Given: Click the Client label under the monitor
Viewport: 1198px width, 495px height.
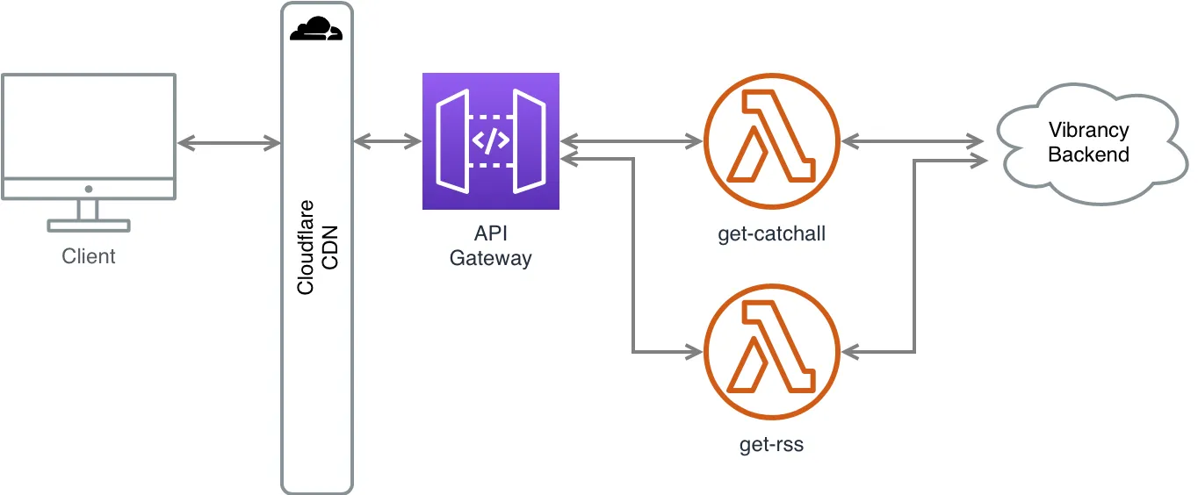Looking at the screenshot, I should (89, 257).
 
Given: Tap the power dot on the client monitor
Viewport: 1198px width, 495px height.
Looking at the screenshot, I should (89, 189).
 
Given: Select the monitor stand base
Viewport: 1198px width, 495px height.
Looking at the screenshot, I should (89, 226).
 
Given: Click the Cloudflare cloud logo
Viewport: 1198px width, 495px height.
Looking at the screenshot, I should (316, 30).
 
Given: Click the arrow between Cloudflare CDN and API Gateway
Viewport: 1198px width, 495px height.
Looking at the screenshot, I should (386, 140).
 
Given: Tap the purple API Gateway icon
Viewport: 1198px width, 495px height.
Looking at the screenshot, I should (490, 141).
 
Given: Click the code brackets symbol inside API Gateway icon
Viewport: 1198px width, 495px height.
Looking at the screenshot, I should (491, 141).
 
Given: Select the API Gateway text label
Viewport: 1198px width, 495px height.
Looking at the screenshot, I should (490, 247).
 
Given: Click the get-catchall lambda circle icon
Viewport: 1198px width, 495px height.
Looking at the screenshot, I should (772, 140).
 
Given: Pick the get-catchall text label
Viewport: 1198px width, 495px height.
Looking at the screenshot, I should (772, 235).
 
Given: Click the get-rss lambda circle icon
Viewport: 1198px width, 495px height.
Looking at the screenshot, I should (772, 351).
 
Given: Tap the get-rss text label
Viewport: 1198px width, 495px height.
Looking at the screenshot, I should (772, 445).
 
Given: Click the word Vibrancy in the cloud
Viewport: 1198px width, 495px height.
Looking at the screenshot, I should (1088, 131).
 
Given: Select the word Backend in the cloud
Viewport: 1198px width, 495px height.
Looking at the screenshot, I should (1088, 155).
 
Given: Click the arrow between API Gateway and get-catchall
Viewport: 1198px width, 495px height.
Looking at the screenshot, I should (632, 140).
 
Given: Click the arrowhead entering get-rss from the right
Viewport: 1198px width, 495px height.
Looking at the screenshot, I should (850, 352).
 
